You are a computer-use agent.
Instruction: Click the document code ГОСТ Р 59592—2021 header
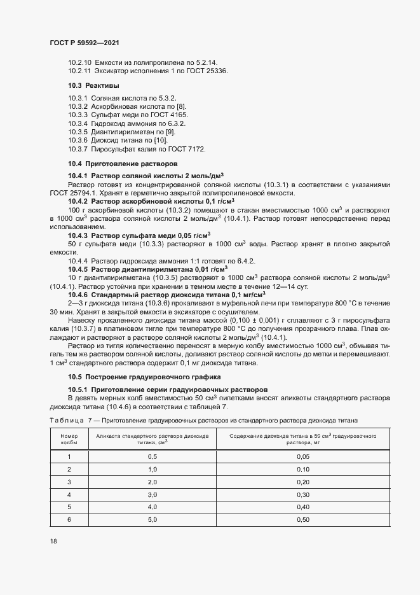pyautogui.click(x=84, y=42)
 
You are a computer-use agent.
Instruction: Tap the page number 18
pyautogui.click(x=53, y=541)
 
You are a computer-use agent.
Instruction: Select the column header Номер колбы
pyautogui.click(x=69, y=439)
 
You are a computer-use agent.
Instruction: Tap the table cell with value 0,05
pyautogui.click(x=302, y=457)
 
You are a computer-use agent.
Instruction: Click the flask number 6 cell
pyautogui.click(x=69, y=520)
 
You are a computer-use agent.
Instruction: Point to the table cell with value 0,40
pyautogui.click(x=302, y=507)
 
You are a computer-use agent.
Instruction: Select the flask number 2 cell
pyautogui.click(x=69, y=470)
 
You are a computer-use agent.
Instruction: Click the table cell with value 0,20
pyautogui.click(x=302, y=482)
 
